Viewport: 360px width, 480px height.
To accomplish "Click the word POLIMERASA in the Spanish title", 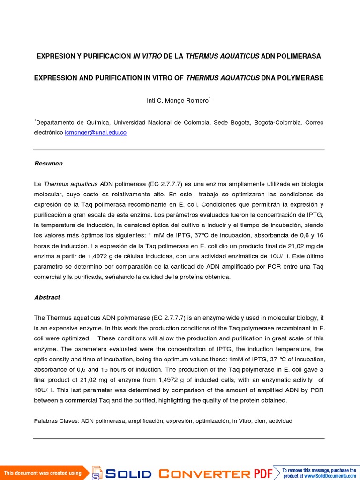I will pos(298,56).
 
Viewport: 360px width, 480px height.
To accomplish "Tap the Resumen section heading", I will pos(48,164).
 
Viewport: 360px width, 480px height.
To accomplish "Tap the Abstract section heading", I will pos(47,297).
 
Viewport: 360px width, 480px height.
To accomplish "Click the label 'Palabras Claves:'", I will pos(56,421).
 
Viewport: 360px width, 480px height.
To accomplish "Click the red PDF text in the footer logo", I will pos(263,473).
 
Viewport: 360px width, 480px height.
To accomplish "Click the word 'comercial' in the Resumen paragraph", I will pos(49,277).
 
